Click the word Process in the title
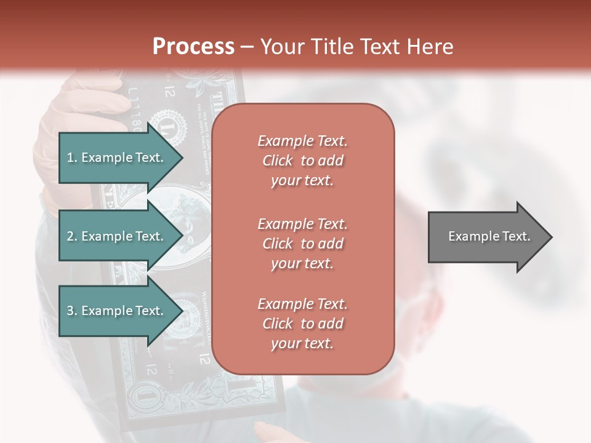click(193, 46)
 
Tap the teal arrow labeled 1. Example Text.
click(117, 158)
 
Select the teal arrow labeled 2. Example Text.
click(117, 236)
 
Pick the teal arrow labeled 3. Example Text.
click(117, 311)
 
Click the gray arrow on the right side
click(486, 236)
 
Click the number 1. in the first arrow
click(72, 158)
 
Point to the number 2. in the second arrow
click(72, 236)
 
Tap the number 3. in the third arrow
click(72, 311)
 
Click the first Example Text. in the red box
click(302, 141)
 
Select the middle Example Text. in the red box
click(302, 223)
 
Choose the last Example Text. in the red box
click(302, 304)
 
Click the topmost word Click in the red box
click(278, 161)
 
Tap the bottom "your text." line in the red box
click(302, 344)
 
